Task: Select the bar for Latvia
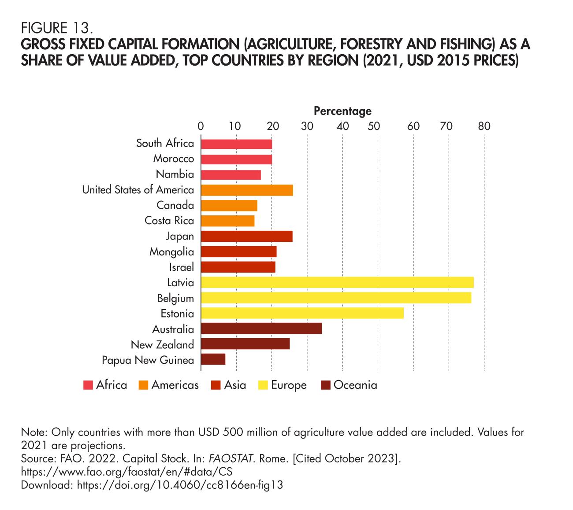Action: [337, 282]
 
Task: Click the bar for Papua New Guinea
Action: [213, 359]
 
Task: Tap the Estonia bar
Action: [302, 313]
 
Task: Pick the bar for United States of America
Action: [247, 190]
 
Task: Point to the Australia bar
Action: [261, 329]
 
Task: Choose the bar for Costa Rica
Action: [227, 221]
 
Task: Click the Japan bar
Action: [246, 236]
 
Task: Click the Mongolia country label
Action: [171, 252]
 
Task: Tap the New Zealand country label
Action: [162, 344]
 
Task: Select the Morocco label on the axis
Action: [173, 159]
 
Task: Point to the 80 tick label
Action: [484, 126]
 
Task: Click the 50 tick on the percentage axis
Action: [374, 126]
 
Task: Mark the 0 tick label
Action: [201, 126]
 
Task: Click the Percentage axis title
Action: [342, 111]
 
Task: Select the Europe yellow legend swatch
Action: [263, 385]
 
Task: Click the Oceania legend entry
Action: [355, 385]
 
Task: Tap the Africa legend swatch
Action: [88, 385]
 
